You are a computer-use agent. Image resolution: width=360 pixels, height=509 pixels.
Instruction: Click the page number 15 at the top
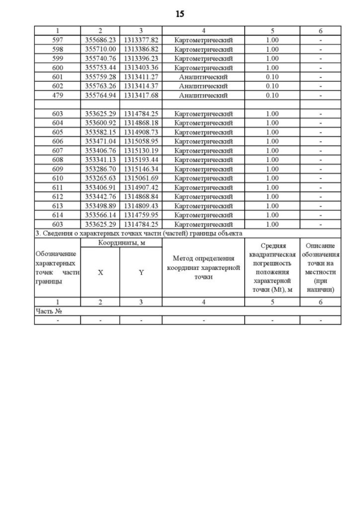[x=179, y=13]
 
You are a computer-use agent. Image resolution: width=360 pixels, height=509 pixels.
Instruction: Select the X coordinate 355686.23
[x=100, y=40]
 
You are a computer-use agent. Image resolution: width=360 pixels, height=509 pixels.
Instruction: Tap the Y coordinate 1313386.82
[x=141, y=49]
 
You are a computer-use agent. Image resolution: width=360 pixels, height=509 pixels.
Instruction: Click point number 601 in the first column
[x=57, y=77]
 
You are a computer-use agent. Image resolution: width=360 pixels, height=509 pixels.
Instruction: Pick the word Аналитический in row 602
[x=203, y=86]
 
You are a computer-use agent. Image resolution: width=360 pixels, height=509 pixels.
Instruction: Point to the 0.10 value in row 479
[x=272, y=95]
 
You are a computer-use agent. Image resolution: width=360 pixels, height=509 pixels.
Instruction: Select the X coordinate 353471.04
[x=100, y=141]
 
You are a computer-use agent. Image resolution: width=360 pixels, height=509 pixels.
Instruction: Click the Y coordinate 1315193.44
[x=141, y=160]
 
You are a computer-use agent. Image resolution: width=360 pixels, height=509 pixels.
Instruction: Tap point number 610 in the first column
[x=57, y=178]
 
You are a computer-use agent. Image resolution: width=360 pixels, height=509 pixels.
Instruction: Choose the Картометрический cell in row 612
[x=203, y=196]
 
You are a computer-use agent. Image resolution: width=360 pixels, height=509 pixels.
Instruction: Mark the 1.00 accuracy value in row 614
[x=272, y=215]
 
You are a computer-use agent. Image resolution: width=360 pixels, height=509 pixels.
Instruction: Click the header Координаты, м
[x=121, y=242]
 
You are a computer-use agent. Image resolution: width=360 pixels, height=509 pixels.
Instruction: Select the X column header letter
[x=100, y=272]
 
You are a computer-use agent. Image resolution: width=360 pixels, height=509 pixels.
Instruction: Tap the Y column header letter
[x=141, y=272]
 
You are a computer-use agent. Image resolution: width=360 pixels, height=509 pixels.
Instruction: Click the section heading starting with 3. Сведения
[x=138, y=233]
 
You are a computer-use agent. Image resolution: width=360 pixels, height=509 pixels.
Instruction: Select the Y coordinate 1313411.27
[x=141, y=77]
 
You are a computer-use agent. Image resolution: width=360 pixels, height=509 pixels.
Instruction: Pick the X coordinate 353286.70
[x=100, y=169]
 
